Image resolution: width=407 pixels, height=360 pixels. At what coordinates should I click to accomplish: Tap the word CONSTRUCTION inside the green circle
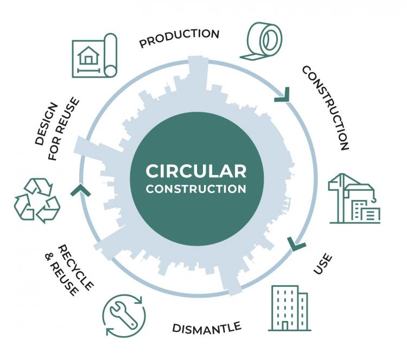[196, 189]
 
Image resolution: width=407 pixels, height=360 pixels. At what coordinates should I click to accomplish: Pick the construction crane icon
[353, 198]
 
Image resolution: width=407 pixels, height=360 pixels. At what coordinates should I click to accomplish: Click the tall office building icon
[289, 307]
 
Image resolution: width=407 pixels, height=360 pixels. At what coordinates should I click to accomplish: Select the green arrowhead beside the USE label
[296, 244]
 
